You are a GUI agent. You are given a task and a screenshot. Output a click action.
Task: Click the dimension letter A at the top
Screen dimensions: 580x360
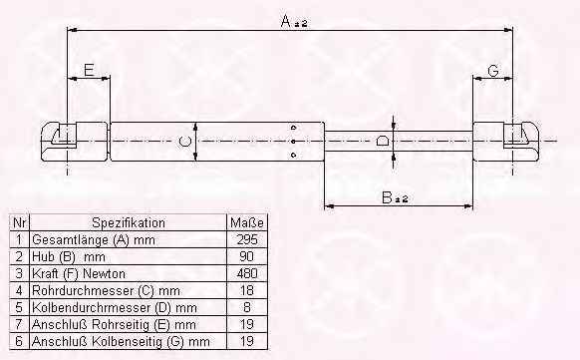click(x=286, y=21)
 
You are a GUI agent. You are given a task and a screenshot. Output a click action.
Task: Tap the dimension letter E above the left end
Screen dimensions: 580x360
click(x=89, y=70)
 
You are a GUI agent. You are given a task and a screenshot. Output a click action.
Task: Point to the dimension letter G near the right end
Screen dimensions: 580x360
click(x=493, y=70)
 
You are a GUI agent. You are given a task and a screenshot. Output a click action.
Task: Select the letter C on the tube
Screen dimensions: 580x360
click(x=185, y=142)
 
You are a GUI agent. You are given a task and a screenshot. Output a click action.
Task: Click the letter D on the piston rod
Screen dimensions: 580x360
click(x=382, y=141)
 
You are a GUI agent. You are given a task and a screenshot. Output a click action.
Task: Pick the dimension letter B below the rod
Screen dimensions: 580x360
click(x=387, y=197)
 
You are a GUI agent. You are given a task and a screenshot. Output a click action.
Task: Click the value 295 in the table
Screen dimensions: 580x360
click(x=247, y=239)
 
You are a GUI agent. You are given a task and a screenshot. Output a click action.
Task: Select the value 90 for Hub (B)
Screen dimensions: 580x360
click(x=247, y=256)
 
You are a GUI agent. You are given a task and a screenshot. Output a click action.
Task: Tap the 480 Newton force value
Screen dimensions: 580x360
click(x=247, y=273)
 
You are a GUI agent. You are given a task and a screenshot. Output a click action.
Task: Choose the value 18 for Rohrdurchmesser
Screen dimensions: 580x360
click(x=247, y=290)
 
